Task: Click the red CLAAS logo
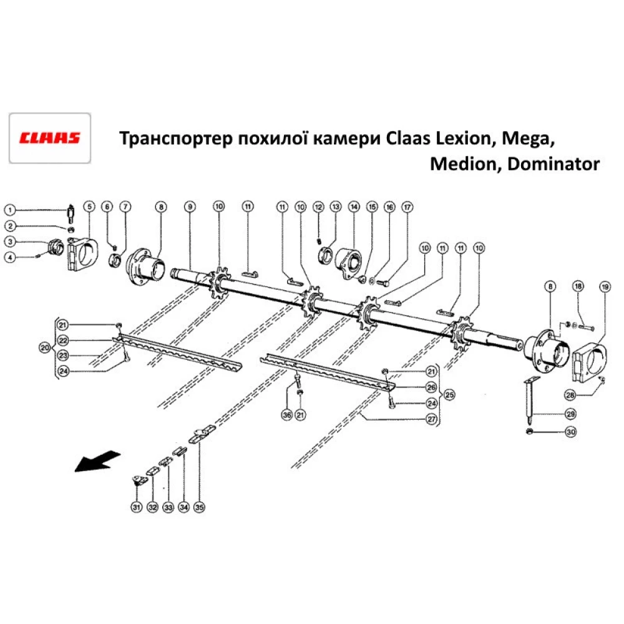(x=49, y=137)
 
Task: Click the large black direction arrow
(x=95, y=461)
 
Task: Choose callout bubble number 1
(x=11, y=210)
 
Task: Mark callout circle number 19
(x=604, y=287)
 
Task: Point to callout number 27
(x=431, y=419)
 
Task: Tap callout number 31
(x=137, y=507)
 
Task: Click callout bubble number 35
(x=199, y=507)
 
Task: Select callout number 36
(x=286, y=414)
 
